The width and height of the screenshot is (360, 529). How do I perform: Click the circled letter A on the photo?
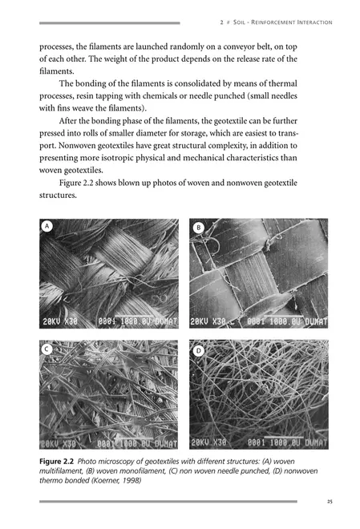click(47, 227)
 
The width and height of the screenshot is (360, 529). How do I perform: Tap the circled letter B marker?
click(198, 228)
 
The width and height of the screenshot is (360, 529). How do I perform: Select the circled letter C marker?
click(47, 349)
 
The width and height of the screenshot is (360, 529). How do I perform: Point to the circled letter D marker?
click(198, 350)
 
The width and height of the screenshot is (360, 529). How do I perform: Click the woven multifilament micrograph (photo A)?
click(108, 273)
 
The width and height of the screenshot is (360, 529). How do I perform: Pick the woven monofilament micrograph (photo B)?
click(258, 273)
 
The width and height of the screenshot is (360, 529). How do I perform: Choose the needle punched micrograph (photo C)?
click(108, 394)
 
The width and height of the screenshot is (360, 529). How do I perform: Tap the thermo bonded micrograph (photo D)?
click(258, 394)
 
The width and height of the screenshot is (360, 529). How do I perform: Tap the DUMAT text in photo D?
click(309, 442)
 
